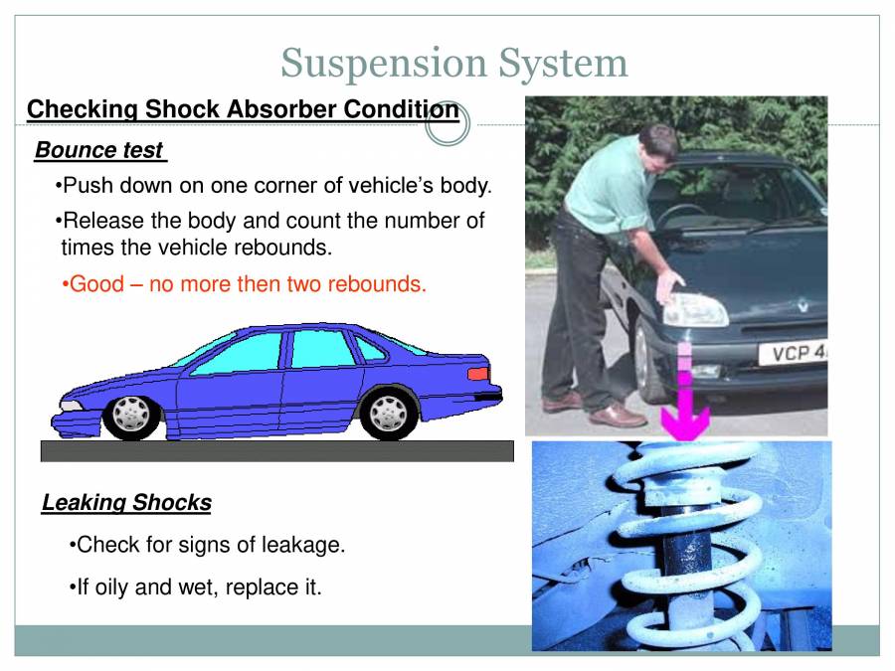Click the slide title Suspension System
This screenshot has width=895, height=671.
tap(454, 63)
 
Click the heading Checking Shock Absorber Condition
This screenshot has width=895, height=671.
tap(243, 109)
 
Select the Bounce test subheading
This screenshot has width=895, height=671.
tap(99, 150)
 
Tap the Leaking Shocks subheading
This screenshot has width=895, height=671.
tap(126, 503)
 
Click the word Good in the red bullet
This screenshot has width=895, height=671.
tap(96, 284)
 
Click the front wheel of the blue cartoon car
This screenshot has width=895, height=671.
tap(130, 415)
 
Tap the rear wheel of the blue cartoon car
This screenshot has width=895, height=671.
tap(388, 413)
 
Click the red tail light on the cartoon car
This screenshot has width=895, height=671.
tap(478, 373)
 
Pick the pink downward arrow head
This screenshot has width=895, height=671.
tap(685, 421)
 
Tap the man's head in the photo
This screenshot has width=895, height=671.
tap(650, 146)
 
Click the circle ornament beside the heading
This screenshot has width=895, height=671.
tap(447, 124)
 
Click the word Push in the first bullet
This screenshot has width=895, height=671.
tap(86, 186)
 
